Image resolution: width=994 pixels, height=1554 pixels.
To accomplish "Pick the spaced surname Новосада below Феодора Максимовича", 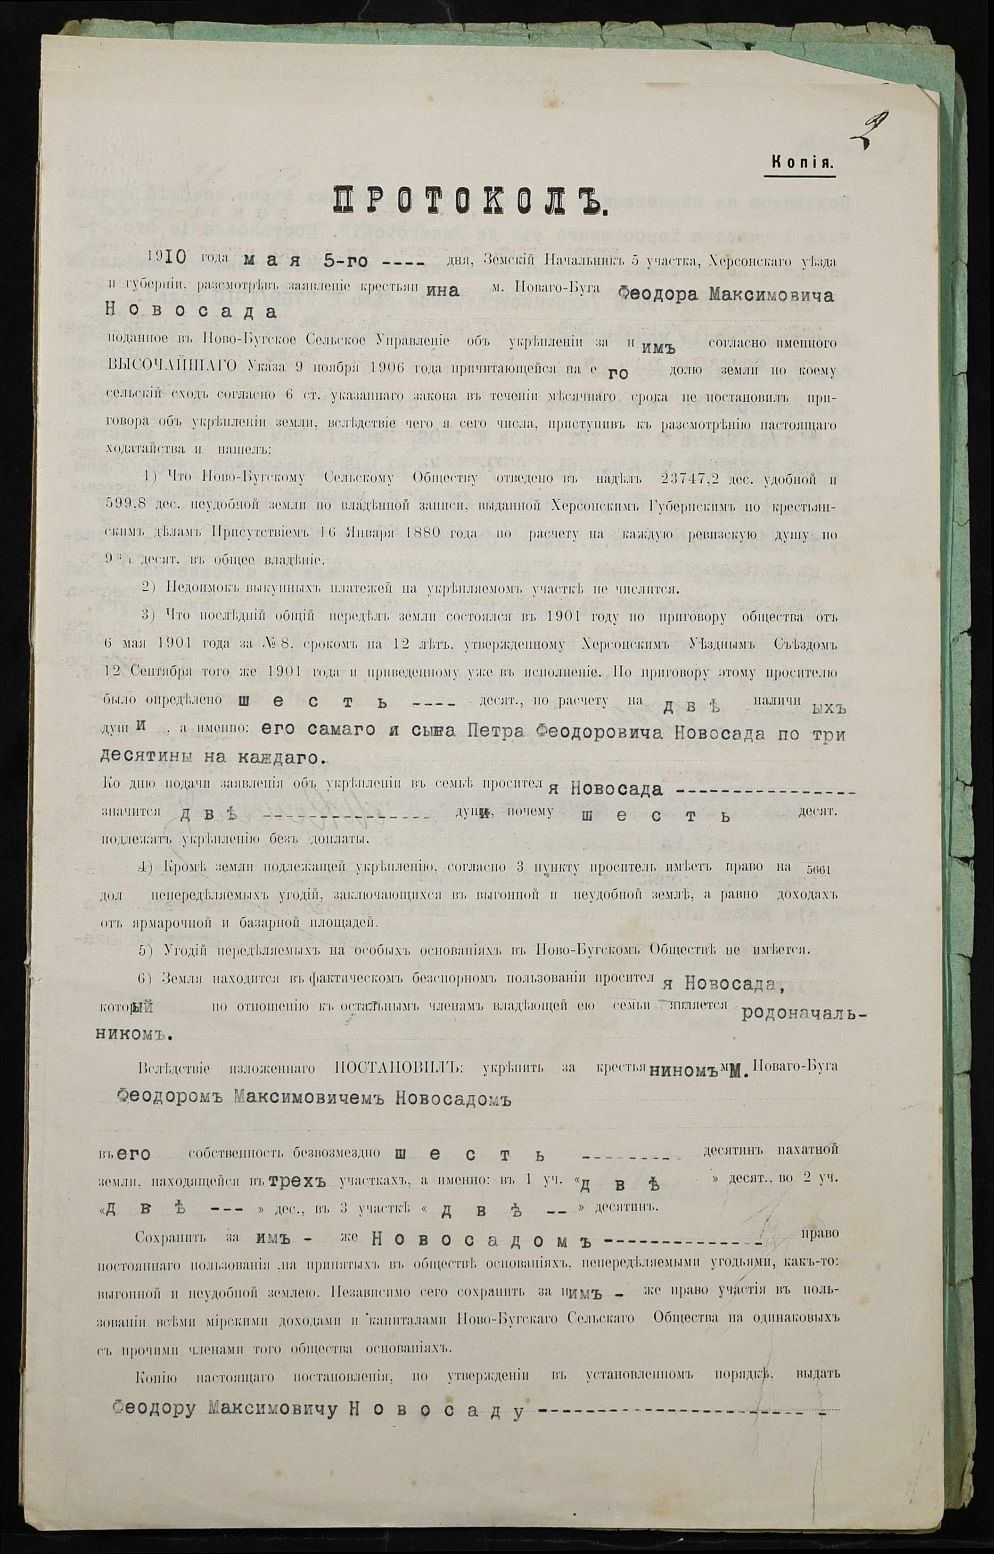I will [x=190, y=311].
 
